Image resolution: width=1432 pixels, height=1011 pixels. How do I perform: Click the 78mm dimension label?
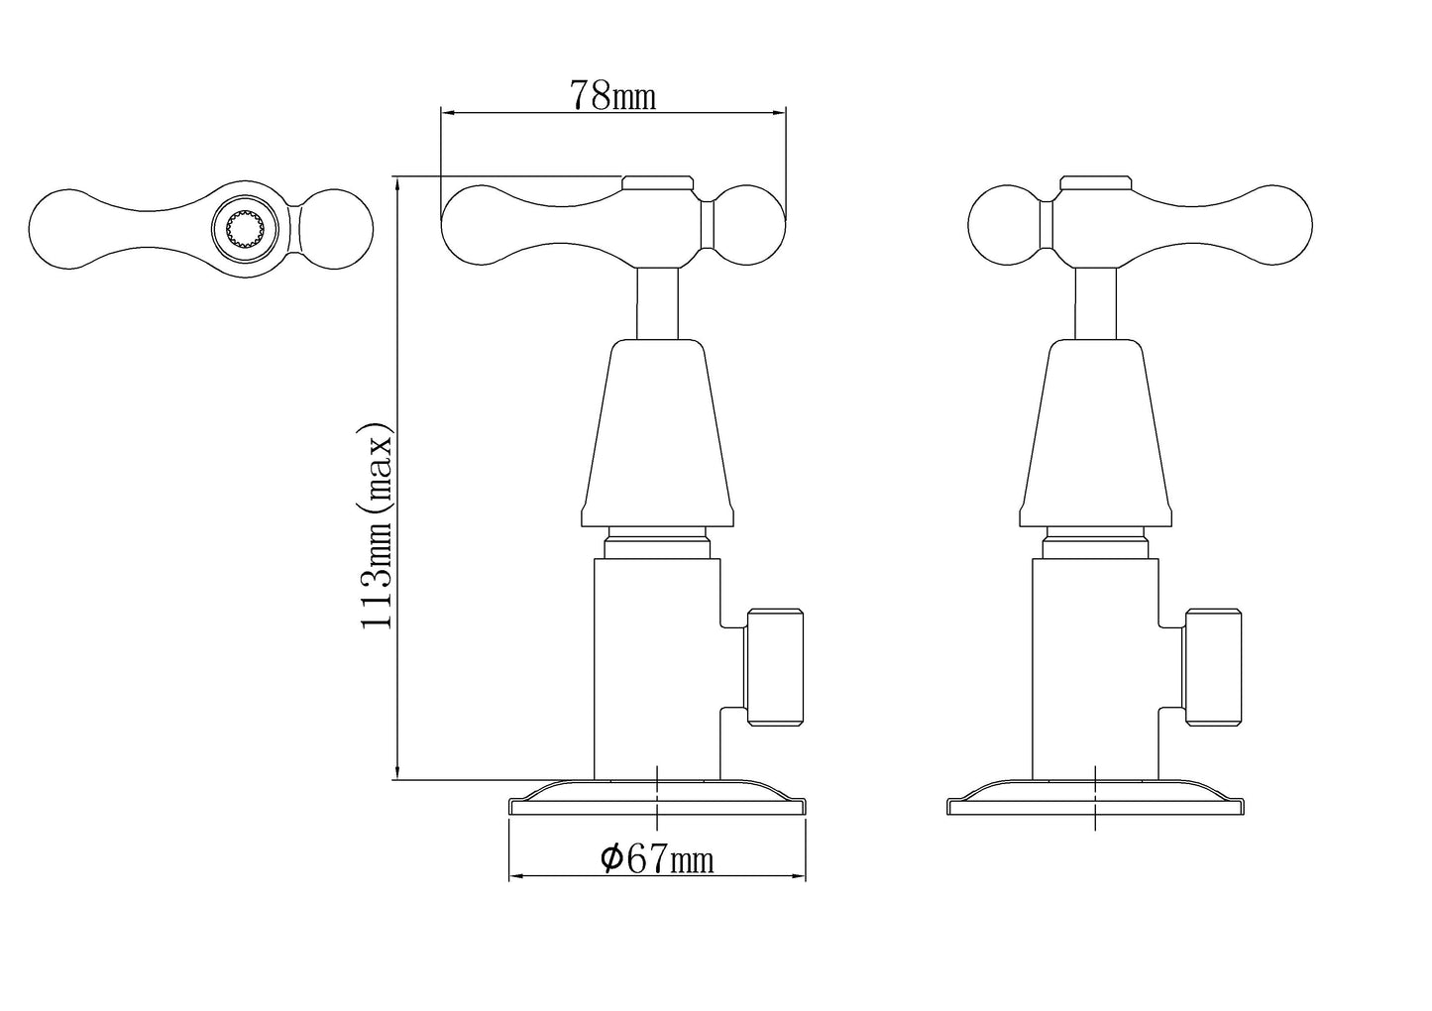[612, 96]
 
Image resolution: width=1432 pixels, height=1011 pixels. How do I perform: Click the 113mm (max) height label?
[376, 526]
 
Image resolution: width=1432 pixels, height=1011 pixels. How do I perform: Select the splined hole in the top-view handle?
[246, 227]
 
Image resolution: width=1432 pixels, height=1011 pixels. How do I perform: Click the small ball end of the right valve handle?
[1004, 225]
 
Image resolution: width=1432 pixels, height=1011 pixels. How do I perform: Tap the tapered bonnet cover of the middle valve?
[657, 433]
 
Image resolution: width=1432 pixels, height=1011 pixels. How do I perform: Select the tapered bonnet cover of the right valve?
[1095, 433]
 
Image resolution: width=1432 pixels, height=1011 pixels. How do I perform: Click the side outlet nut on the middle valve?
[774, 668]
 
